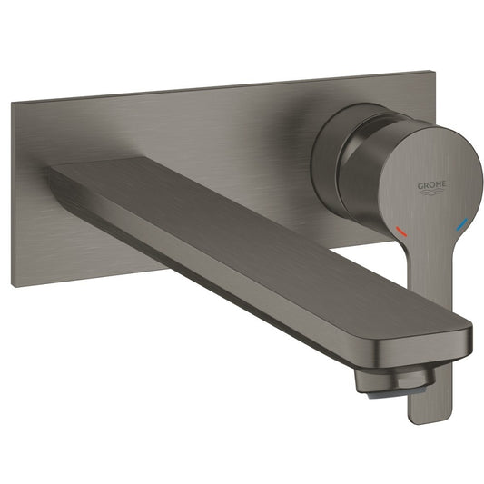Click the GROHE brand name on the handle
431,185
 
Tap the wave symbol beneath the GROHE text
431,193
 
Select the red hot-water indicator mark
401,232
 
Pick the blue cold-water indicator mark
462,224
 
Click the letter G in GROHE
420,186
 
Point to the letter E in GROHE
443,184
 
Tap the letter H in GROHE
438,184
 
